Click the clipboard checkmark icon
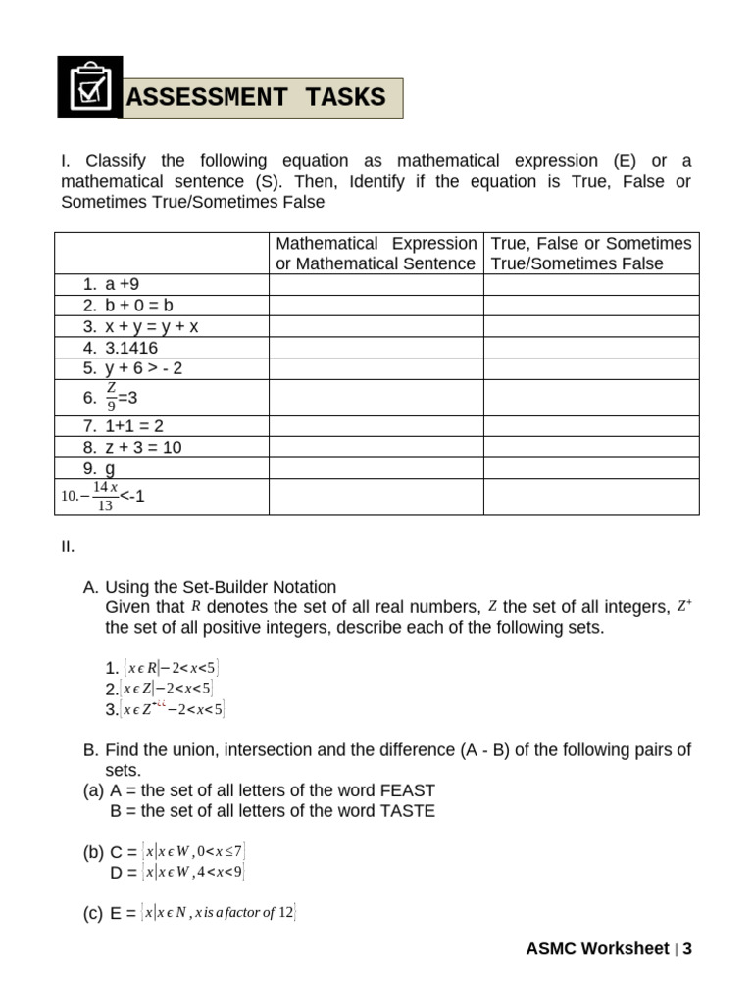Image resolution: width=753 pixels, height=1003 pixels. tap(90, 87)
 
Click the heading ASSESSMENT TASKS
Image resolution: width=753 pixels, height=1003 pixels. tap(257, 98)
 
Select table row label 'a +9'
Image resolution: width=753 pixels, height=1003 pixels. tap(124, 284)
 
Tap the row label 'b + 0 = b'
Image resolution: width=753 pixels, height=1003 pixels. tap(139, 306)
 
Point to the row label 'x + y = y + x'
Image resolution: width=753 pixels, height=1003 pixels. tap(151, 326)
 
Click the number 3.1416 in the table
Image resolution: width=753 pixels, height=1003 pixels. tap(131, 348)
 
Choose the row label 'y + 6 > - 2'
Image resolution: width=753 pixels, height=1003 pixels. tap(143, 368)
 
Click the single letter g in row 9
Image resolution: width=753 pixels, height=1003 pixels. tap(110, 468)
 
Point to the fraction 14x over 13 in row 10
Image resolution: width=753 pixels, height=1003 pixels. tap(104, 497)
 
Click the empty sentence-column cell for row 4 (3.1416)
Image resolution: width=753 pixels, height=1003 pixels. tap(376, 348)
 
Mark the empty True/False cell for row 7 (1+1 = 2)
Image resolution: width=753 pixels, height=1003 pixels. tap(591, 426)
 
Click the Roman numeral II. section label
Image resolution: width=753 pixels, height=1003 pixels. tap(68, 546)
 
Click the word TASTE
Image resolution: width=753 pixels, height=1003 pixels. tap(406, 811)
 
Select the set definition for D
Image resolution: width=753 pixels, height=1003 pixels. tap(193, 872)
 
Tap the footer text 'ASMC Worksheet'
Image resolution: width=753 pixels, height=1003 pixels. tap(596, 948)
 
